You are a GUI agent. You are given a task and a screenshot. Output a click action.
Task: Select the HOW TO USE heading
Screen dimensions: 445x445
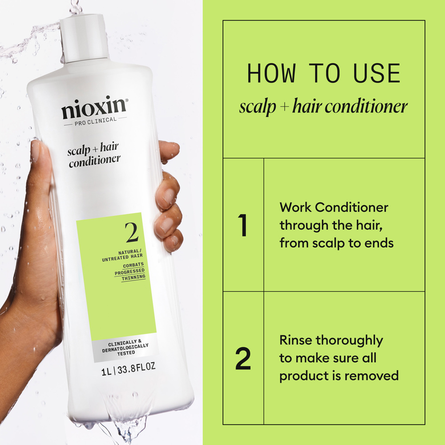tap(324, 74)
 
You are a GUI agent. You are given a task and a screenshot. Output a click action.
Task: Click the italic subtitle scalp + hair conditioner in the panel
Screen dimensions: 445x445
tap(324, 107)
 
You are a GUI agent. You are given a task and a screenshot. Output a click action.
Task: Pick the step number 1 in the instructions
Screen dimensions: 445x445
tap(243, 226)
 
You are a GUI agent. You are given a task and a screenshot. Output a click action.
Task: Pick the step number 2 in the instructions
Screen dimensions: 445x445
tap(243, 359)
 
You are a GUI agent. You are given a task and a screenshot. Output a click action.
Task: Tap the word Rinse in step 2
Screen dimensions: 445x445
tap(296, 340)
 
